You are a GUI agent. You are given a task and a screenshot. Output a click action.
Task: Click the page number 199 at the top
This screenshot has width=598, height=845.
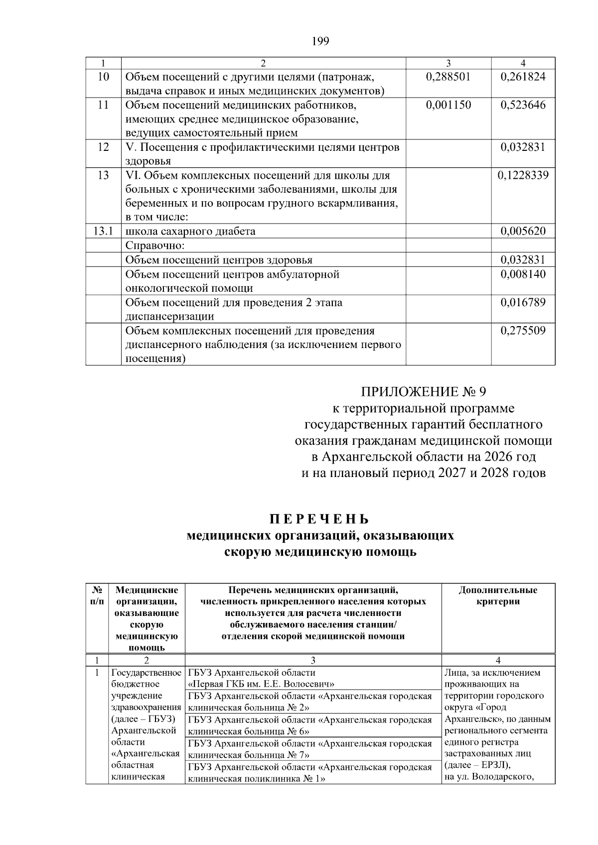[x=320, y=41]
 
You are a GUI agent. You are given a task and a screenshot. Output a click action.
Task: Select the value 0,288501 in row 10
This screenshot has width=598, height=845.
[x=448, y=77]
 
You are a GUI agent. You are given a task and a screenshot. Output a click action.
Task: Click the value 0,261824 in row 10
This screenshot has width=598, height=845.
[x=523, y=77]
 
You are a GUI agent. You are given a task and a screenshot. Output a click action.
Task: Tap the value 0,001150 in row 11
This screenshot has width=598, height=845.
[x=448, y=105]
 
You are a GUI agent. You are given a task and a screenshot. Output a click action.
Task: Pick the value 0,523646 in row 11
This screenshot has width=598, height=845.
[x=523, y=105]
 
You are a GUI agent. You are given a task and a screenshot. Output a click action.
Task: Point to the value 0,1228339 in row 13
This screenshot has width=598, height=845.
[x=523, y=175]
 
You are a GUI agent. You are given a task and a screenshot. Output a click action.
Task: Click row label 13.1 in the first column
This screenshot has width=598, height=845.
[x=103, y=231]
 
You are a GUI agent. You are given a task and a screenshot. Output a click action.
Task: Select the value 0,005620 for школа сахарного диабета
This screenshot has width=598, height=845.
[x=523, y=231]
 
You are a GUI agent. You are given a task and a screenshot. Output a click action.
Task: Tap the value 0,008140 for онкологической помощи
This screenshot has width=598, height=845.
[x=523, y=274]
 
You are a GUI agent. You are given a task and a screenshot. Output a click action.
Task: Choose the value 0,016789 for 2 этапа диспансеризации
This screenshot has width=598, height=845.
[x=523, y=302]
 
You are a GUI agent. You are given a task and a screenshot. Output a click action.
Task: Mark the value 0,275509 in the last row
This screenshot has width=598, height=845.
[x=523, y=331]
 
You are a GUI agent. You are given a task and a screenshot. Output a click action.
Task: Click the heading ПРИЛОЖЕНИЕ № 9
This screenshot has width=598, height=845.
[x=423, y=391]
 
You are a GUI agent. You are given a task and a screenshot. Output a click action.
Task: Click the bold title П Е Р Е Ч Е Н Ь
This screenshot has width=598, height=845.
[x=320, y=519]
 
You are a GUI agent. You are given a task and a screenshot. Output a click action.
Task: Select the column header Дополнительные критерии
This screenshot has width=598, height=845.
[x=498, y=596]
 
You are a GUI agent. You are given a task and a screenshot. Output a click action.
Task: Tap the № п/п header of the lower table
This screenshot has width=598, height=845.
[x=97, y=596]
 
